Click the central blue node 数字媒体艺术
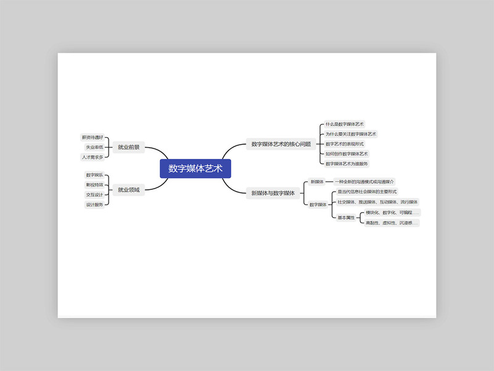(195, 169)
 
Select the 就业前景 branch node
(128, 148)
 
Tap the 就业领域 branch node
(128, 189)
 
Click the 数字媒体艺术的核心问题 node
(281, 144)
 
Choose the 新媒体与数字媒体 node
(272, 193)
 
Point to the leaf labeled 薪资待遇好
(93, 137)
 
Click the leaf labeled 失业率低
(94, 147)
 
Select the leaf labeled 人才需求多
(93, 157)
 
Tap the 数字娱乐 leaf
(94, 175)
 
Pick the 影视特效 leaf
(94, 185)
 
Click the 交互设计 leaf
(94, 195)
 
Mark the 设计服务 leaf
(94, 205)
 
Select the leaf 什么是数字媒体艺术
(345, 124)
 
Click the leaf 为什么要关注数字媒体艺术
(351, 134)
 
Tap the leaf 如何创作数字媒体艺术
(346, 153)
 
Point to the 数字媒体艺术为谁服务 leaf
(346, 163)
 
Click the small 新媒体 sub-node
(317, 182)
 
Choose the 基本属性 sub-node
(346, 218)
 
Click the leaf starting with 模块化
(391, 213)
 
